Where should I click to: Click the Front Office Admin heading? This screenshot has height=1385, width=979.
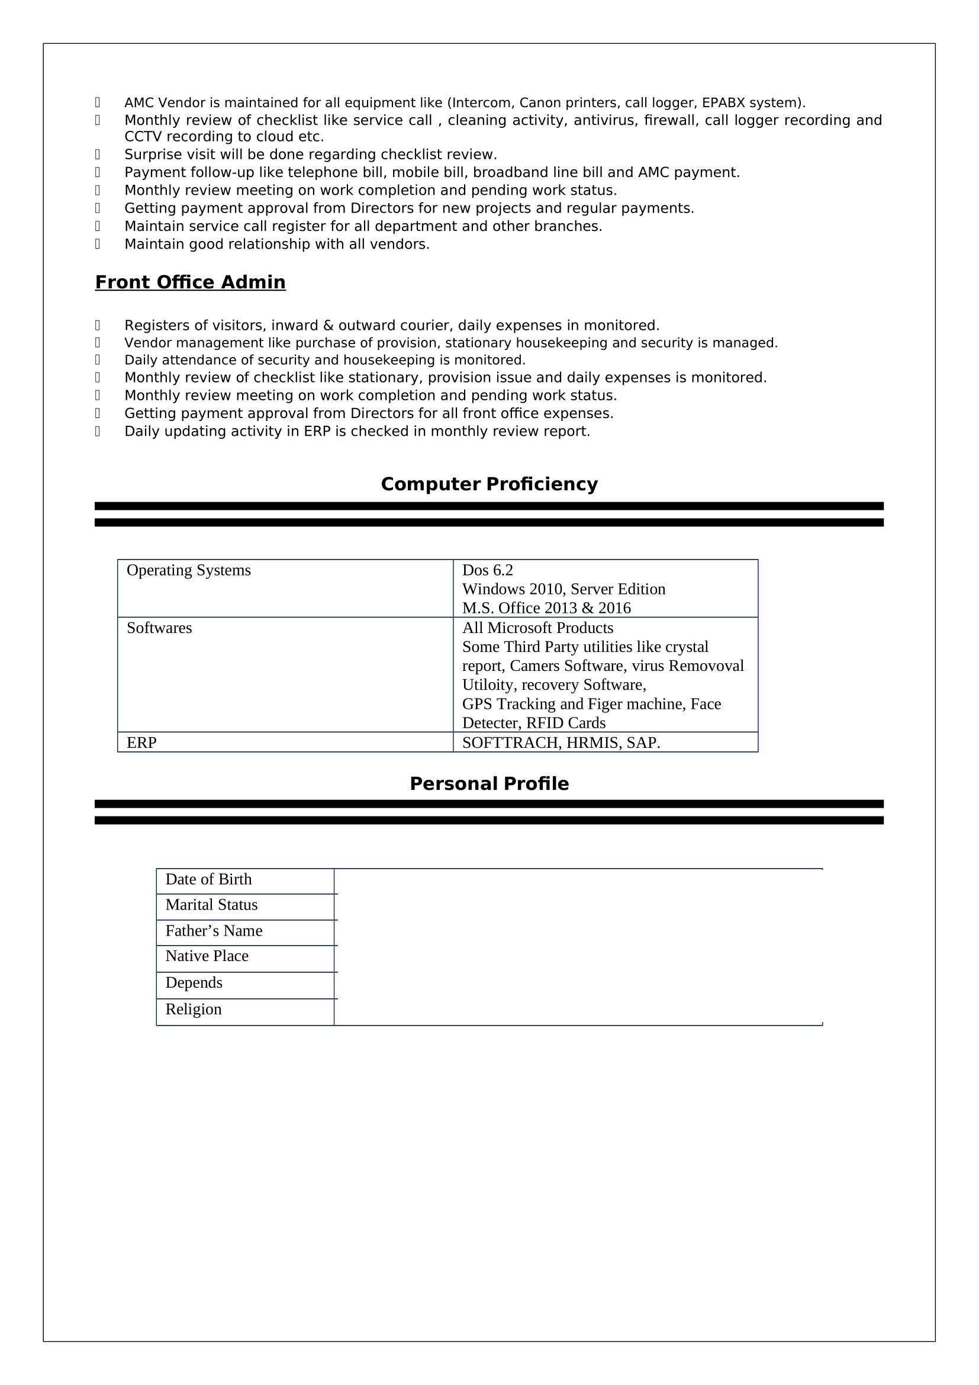[190, 282]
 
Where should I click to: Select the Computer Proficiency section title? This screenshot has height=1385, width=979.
[489, 484]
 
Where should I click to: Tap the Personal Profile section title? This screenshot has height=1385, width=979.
[489, 783]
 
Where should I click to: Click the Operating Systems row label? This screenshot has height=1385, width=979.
[189, 570]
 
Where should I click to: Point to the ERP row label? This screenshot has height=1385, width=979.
[141, 743]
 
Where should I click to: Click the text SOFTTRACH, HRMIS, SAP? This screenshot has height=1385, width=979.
[561, 743]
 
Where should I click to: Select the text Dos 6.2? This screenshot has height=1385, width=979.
[487, 570]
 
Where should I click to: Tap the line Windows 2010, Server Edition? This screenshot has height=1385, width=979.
[563, 589]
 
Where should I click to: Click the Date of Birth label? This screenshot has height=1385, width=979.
[208, 879]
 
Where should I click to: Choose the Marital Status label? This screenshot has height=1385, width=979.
[211, 905]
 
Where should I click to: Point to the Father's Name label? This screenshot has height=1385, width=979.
[214, 931]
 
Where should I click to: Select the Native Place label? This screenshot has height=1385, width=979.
[207, 956]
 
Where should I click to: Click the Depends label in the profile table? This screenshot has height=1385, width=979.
[194, 983]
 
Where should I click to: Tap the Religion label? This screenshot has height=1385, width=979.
[194, 1009]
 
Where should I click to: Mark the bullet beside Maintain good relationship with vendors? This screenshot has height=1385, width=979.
[98, 245]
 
